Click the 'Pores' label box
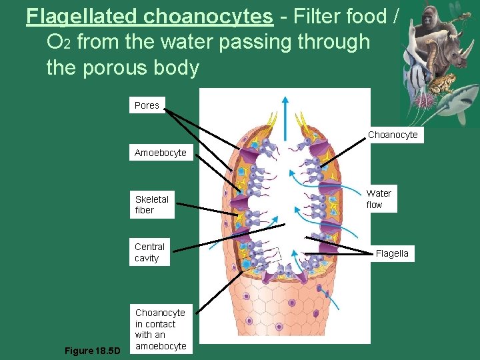coord(147,105)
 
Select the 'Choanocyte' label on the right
coord(393,135)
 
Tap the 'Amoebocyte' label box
coord(160,153)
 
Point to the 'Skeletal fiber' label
coord(152,205)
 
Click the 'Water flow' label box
coord(379,199)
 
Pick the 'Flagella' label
coord(392,253)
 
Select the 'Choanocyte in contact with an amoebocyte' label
coord(160,329)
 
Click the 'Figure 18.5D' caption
coord(92,350)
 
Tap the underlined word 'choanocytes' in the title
coord(222,16)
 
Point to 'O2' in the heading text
coord(59,42)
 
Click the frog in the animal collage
coord(443,83)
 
